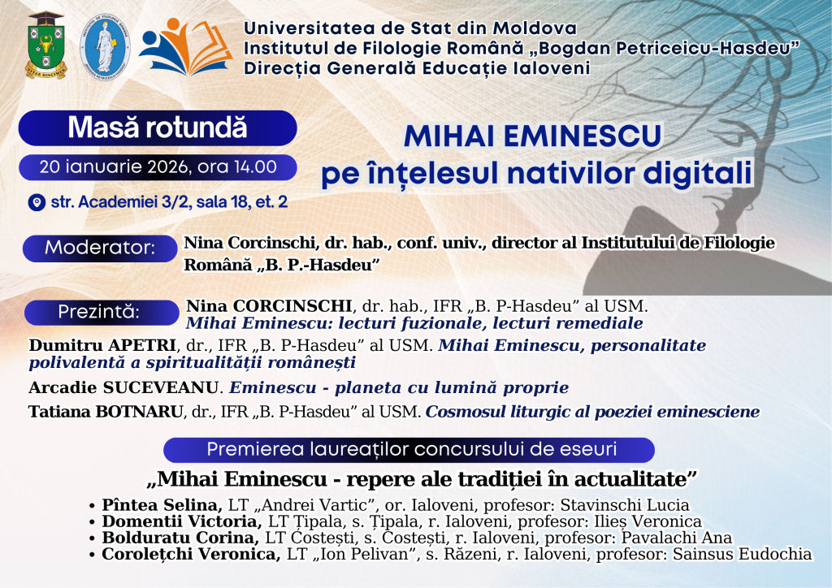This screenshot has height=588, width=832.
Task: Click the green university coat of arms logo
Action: click(46, 45)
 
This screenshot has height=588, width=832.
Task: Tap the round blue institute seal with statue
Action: click(105, 46)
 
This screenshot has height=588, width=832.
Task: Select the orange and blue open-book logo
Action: click(185, 46)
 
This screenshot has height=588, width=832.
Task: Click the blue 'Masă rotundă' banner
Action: click(158, 128)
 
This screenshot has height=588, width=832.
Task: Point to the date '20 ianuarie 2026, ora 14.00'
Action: click(158, 167)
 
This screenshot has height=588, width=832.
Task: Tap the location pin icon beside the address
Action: click(37, 202)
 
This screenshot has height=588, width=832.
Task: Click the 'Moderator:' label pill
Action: click(100, 248)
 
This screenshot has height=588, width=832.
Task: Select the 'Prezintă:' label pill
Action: click(102, 312)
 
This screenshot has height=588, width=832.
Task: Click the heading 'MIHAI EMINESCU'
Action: click(532, 136)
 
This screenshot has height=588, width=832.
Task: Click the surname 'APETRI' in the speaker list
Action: click(141, 345)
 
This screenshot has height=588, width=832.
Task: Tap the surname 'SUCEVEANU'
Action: click(160, 387)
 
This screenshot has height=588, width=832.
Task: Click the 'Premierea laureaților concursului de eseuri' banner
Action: click(409, 450)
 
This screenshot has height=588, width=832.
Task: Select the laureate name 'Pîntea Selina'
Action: click(162, 505)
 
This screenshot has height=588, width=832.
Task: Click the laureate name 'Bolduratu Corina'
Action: click(180, 538)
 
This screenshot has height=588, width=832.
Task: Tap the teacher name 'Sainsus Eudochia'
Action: click(743, 555)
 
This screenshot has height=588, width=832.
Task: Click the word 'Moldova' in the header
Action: click(535, 28)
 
